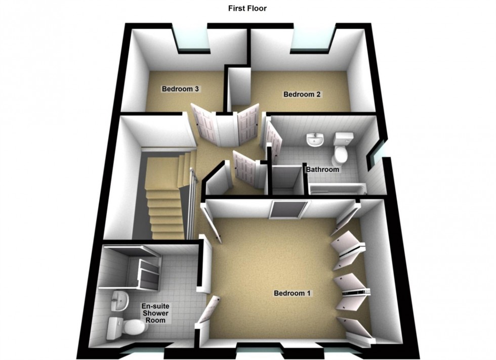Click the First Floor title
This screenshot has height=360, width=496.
tap(247, 8)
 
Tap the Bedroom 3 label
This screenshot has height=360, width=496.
tap(180, 89)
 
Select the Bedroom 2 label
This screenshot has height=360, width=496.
tap(302, 94)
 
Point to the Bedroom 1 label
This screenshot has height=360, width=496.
tap(292, 293)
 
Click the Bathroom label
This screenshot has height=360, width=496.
tap(322, 169)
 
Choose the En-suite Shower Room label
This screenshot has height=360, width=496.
tap(156, 313)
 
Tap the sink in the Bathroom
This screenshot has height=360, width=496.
tap(315, 140)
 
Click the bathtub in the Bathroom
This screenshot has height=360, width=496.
tap(338, 189)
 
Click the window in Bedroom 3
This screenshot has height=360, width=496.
tap(192, 40)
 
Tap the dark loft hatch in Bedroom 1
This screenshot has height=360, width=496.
tap(288, 209)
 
